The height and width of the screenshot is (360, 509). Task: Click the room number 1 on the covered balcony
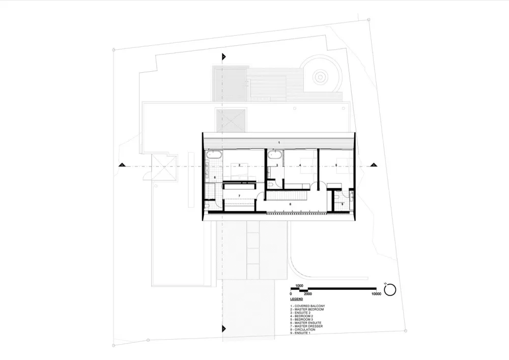[279, 141]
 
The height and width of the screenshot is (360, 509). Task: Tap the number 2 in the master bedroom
[239, 165]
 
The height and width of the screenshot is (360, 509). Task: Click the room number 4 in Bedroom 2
[300, 165]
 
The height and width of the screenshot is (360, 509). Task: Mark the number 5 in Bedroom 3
[336, 165]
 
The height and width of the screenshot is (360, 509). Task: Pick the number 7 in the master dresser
[239, 196]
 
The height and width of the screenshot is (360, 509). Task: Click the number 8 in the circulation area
[290, 204]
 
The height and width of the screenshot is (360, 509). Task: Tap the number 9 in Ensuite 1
[343, 204]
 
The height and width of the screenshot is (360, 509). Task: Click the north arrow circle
[390, 290]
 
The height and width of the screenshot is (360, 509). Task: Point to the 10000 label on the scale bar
[377, 294]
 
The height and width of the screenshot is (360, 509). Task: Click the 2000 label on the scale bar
[307, 294]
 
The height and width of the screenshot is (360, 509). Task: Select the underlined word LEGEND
[296, 299]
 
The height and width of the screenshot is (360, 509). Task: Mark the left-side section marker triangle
[122, 165]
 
